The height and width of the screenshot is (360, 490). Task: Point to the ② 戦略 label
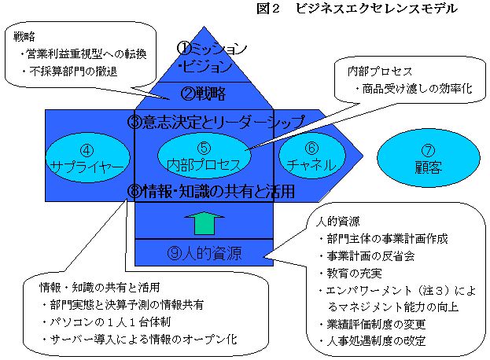pos(204,94)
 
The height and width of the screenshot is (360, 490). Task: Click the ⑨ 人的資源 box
pos(204,253)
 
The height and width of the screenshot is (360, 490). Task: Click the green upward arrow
pos(204,222)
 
